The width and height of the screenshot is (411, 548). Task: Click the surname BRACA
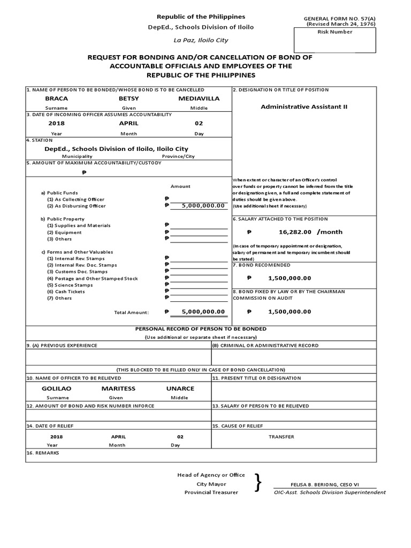tap(56, 99)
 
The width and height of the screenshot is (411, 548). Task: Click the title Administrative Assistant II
tap(304, 106)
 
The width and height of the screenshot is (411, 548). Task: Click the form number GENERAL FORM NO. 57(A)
tap(339, 19)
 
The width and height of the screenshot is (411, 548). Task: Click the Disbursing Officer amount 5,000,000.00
tap(203, 205)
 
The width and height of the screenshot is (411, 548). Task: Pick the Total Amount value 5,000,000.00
tap(203, 311)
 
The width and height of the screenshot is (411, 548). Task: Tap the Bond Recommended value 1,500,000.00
tap(289, 278)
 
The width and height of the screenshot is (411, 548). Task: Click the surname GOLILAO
tap(57, 389)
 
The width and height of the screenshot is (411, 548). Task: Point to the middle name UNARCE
tap(180, 389)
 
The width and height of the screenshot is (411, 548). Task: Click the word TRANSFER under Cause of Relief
tap(281, 437)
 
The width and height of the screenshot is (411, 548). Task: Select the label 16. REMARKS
tap(43, 453)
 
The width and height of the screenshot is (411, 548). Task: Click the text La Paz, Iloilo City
tap(200, 40)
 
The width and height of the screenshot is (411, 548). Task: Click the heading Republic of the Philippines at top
tap(200, 17)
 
